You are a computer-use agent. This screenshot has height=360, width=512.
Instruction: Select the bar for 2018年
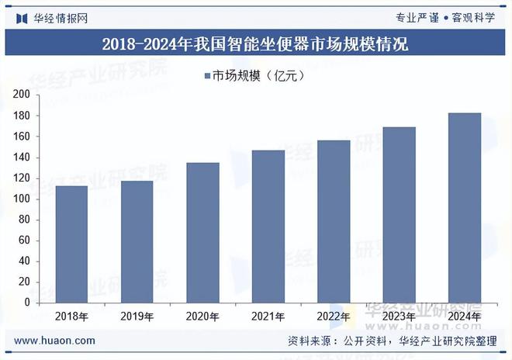click(x=71, y=244)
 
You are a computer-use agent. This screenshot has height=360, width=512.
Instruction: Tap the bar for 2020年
click(x=202, y=232)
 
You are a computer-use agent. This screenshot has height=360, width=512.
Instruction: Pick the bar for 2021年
click(x=268, y=226)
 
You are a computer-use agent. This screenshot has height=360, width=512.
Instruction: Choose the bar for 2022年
click(x=334, y=221)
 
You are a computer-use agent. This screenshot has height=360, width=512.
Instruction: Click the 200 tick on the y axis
click(x=22, y=95)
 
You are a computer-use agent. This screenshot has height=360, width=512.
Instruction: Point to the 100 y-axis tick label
click(x=22, y=199)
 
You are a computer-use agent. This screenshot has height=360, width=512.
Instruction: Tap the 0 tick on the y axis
click(x=27, y=302)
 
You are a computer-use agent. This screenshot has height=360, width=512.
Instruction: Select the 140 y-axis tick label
click(x=22, y=157)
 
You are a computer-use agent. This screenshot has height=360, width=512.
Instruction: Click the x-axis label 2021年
click(x=268, y=317)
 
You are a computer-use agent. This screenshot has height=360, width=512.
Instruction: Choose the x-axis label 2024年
click(x=465, y=317)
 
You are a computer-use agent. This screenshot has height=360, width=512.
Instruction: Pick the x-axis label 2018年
click(x=71, y=317)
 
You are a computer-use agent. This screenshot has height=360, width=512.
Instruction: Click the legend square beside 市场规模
click(x=207, y=75)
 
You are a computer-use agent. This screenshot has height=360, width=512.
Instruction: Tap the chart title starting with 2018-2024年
click(x=255, y=43)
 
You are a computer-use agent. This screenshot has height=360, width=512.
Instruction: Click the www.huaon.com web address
click(x=55, y=341)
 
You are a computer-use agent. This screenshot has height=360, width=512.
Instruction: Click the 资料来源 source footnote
click(x=392, y=341)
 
